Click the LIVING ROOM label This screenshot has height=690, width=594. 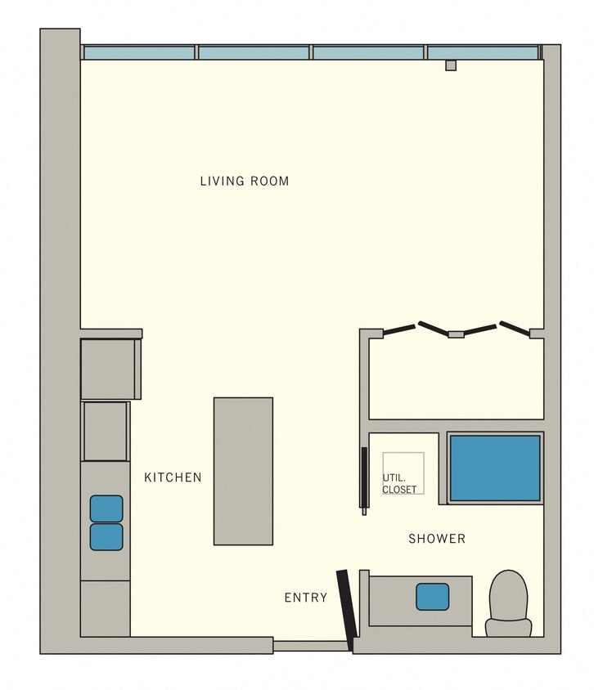pos(245,181)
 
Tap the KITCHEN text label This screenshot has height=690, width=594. pos(173,477)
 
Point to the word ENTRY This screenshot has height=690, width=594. pos(305,598)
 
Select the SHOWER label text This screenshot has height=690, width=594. pos(437,539)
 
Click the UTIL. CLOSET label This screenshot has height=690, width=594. pos(399,485)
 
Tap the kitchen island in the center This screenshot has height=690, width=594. pos(243,471)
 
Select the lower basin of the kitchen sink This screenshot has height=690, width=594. pos(106,537)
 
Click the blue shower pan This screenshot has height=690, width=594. pos(495,468)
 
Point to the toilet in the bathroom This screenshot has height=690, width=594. pos(508,603)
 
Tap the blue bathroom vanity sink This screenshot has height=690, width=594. pos(432,597)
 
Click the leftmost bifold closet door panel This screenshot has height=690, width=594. pos(399,329)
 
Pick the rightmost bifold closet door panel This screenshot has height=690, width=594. pos(515,328)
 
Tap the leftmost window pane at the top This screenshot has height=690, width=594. pos(139,53)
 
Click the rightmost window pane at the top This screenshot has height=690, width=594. pos(483,53)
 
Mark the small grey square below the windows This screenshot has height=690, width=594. pos(450,65)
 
